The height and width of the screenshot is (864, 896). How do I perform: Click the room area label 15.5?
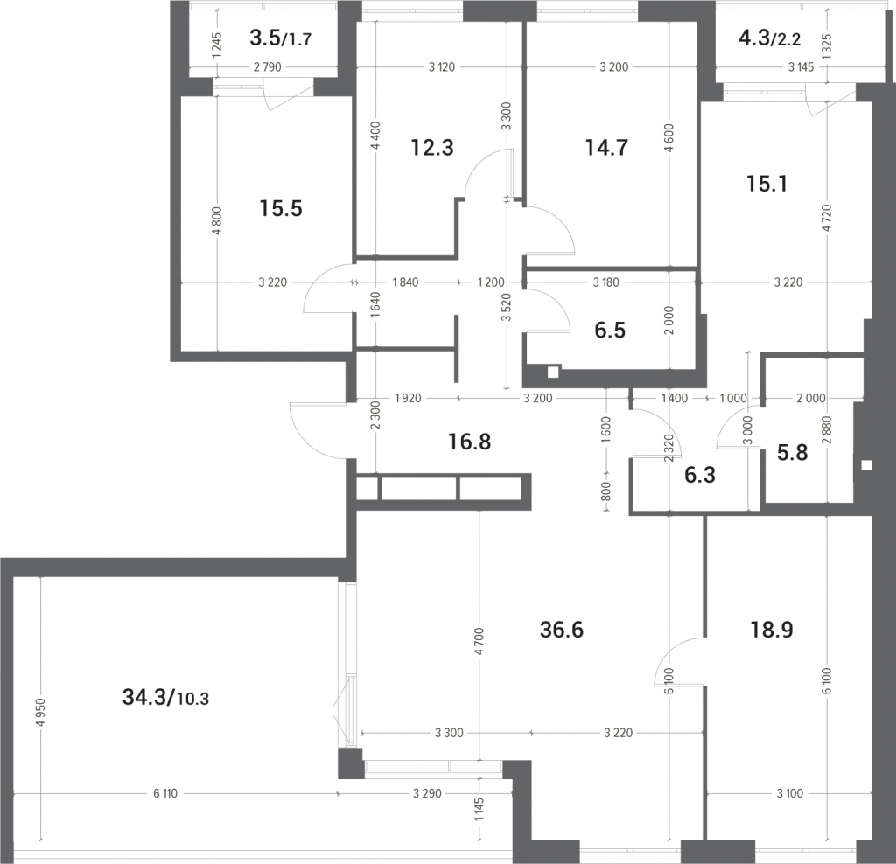[x=281, y=208]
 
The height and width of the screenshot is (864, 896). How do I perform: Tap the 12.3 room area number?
[x=432, y=147]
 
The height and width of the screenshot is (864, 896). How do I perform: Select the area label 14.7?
[x=606, y=147]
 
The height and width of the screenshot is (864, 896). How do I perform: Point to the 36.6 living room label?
[x=561, y=630]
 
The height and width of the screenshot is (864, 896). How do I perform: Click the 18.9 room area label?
[x=772, y=630]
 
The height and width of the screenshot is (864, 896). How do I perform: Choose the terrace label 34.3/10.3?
[x=165, y=697]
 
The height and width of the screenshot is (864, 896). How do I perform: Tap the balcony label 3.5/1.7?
[x=281, y=38]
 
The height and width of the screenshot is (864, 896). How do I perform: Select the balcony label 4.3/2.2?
[x=770, y=38]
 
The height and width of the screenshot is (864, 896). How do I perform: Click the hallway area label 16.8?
[x=469, y=442]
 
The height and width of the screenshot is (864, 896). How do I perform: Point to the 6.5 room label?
[x=610, y=330]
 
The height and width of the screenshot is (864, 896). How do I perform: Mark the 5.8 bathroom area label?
[x=793, y=452]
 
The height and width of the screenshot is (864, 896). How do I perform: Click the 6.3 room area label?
[x=699, y=475]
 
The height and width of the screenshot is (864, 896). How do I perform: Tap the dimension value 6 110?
[x=165, y=793]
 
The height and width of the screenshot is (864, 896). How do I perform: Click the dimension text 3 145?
[x=801, y=66]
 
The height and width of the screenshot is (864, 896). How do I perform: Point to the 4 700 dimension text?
[x=479, y=641]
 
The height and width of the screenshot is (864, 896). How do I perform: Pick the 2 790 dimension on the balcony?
[x=268, y=66]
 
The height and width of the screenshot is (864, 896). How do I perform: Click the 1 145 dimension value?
[x=479, y=809]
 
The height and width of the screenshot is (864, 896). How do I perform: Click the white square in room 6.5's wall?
[x=553, y=373]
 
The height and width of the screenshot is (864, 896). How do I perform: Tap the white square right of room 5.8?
[x=866, y=465]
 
